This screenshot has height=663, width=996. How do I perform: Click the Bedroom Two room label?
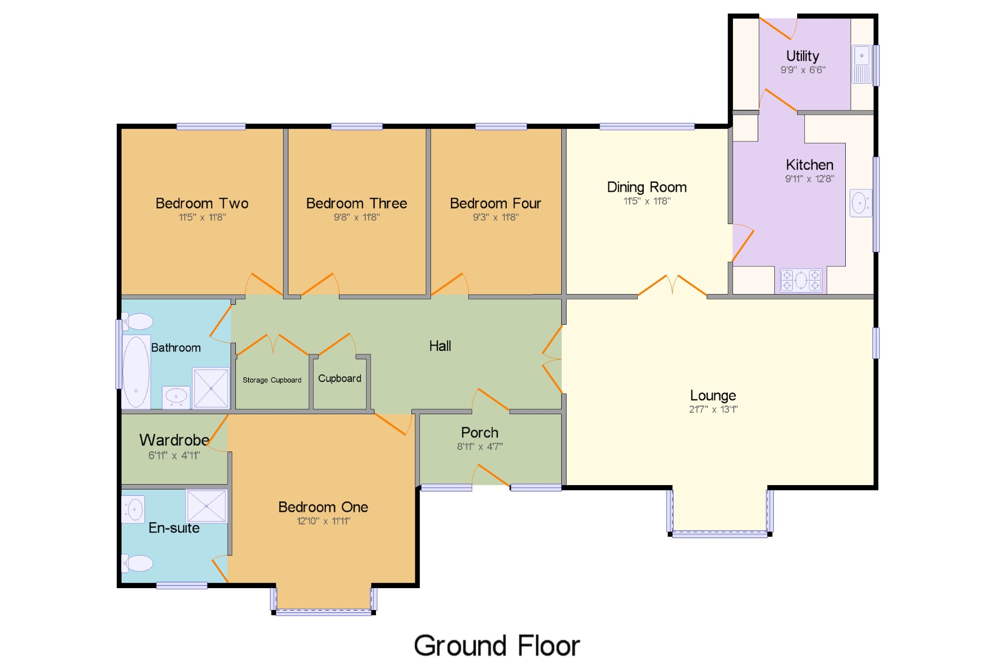point(202,203)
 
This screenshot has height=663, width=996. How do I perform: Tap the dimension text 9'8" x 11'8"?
point(356,217)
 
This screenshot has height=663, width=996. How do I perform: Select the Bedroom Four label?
point(496,203)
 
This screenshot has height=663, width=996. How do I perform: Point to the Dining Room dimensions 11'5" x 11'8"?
point(647,201)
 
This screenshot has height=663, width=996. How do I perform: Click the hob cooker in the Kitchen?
point(801,280)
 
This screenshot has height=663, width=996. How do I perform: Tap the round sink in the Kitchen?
point(860,203)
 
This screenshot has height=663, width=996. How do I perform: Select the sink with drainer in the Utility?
point(862,64)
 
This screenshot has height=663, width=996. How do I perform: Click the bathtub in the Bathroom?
point(136,371)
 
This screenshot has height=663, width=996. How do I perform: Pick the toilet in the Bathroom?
point(138,321)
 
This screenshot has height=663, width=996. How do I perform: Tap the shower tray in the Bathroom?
point(211,388)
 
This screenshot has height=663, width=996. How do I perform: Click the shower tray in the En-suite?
point(207,506)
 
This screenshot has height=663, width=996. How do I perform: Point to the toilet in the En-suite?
point(138,563)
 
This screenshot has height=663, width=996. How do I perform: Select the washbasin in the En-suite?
point(133,509)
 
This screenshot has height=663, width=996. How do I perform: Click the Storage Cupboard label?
point(272,380)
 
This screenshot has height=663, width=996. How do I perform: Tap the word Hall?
point(440,346)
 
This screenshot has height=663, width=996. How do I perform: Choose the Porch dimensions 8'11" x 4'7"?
point(480,446)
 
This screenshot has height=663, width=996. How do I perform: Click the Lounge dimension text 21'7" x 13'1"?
point(713,409)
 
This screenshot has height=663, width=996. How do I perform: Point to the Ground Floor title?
point(497,646)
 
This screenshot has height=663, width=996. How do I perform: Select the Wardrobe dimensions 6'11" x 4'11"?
point(174,455)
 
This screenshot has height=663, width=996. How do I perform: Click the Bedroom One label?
point(323,507)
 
